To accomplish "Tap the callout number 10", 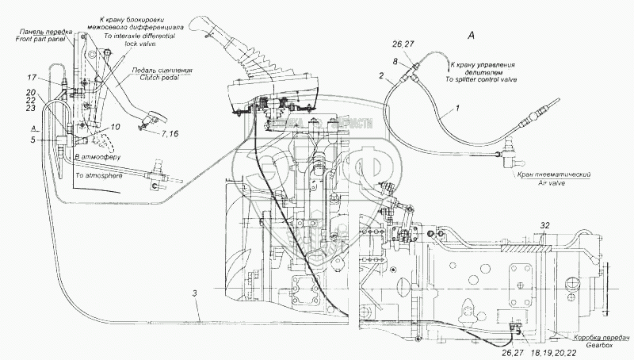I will [115, 127].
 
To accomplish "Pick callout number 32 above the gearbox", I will [544, 225].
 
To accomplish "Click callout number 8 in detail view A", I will [394, 60].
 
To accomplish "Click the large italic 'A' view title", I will [472, 35].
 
